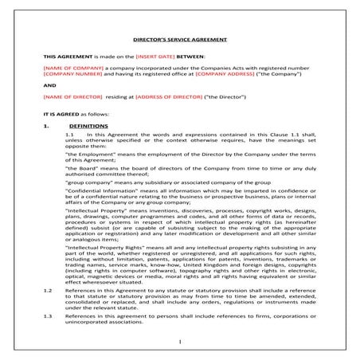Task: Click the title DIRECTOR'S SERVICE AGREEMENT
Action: pos(179,37)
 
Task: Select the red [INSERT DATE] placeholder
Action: pos(158,57)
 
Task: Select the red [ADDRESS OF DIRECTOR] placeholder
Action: pos(170,97)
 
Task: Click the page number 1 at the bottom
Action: pos(180,342)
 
